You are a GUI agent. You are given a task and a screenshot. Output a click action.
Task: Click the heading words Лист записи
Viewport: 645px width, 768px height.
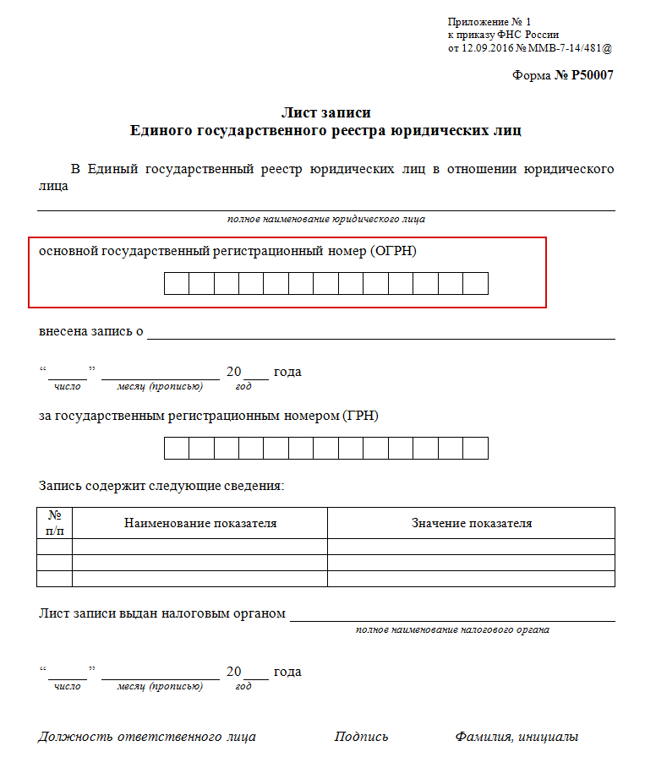pyautogui.click(x=325, y=112)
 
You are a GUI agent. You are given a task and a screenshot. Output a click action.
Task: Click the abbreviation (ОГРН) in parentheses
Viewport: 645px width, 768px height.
pyautogui.click(x=393, y=251)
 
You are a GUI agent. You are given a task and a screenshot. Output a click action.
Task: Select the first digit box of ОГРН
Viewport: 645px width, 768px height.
pyautogui.click(x=176, y=284)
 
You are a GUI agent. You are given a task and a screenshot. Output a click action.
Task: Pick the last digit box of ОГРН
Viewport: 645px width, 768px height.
pyautogui.click(x=476, y=284)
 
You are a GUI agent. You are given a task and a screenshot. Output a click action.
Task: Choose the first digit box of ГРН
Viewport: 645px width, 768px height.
pyautogui.click(x=176, y=448)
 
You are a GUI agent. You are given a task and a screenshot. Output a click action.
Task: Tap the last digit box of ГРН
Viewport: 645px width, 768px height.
pyautogui.click(x=476, y=448)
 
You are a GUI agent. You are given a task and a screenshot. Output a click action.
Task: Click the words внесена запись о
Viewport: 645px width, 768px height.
pyautogui.click(x=91, y=331)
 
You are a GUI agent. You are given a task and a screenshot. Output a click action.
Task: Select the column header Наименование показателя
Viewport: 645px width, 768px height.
pyautogui.click(x=200, y=523)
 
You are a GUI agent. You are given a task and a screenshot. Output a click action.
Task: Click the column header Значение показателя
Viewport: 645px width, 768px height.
pyautogui.click(x=472, y=523)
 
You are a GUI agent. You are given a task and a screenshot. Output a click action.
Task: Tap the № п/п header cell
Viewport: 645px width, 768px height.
pyautogui.click(x=55, y=523)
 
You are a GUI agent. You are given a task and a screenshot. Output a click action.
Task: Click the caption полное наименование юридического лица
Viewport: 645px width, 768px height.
pyautogui.click(x=325, y=220)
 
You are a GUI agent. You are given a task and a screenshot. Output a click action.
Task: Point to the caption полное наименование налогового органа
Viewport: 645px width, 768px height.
pyautogui.click(x=452, y=629)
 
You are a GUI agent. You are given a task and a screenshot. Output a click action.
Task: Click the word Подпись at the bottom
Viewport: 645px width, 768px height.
pyautogui.click(x=361, y=737)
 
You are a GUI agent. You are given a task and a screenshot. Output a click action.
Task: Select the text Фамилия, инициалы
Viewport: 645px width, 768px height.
pyautogui.click(x=517, y=737)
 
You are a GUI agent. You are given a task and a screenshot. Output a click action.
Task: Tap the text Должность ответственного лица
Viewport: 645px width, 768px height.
pyautogui.click(x=147, y=737)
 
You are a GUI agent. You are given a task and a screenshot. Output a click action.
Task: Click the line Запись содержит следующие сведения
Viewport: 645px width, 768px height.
pyautogui.click(x=161, y=486)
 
